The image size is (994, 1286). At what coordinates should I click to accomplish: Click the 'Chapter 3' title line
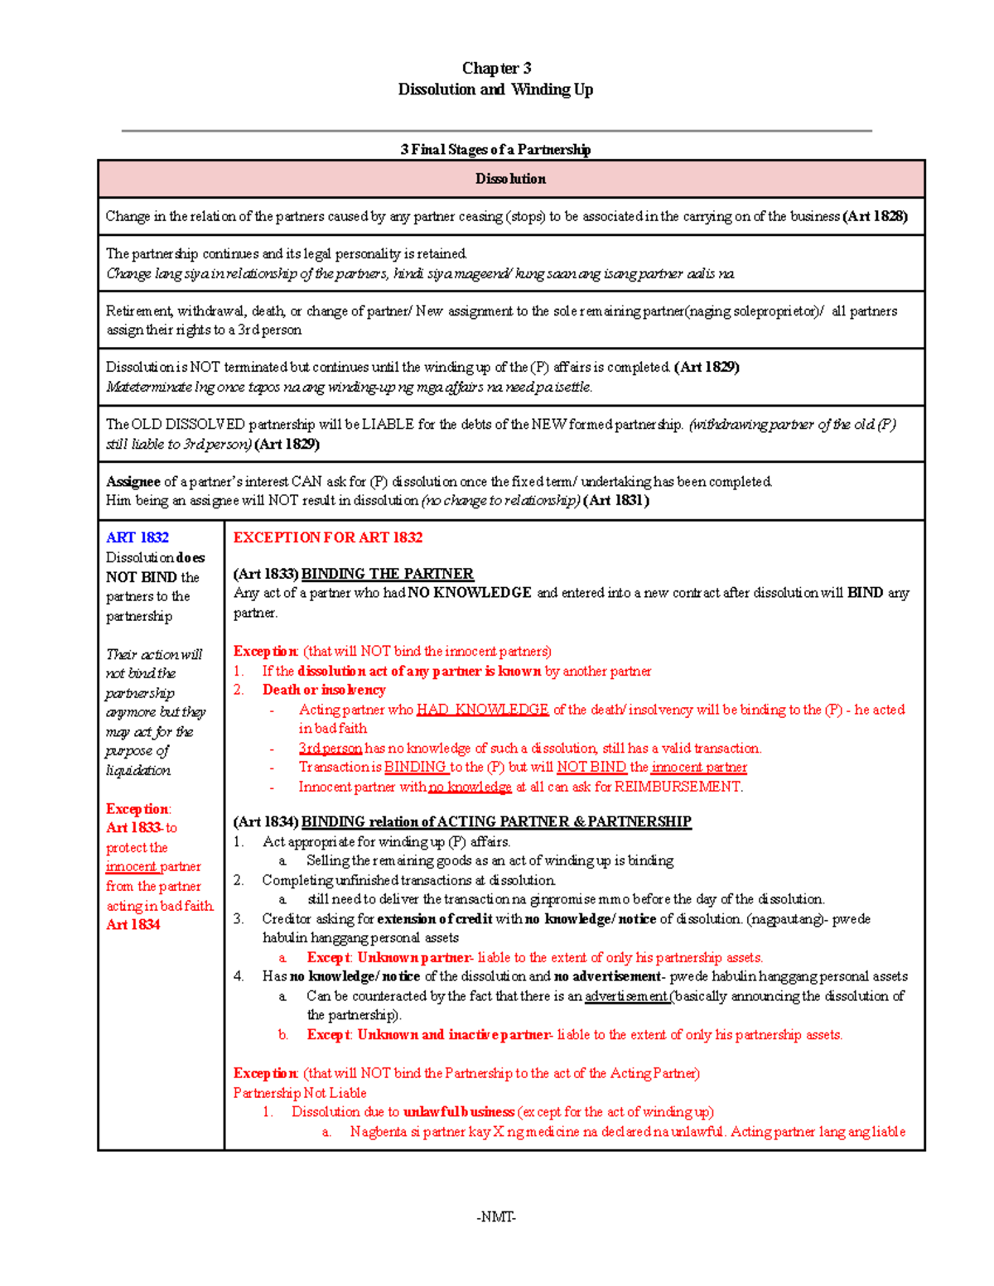pyautogui.click(x=496, y=68)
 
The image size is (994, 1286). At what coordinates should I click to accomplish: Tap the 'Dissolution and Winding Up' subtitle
pyautogui.click(x=495, y=89)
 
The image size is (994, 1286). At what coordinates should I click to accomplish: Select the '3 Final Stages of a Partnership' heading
pyautogui.click(x=495, y=149)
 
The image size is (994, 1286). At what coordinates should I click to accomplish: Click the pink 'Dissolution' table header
pyautogui.click(x=510, y=179)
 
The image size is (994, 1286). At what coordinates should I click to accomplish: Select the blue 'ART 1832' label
pyautogui.click(x=137, y=537)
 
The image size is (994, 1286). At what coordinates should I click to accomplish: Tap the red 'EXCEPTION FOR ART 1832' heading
pyautogui.click(x=327, y=537)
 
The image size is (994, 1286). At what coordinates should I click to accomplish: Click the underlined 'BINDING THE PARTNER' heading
pyautogui.click(x=387, y=574)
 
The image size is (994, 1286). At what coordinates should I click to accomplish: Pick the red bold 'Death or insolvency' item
pyautogui.click(x=324, y=690)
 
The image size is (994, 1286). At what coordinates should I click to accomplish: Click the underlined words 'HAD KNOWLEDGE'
pyautogui.click(x=482, y=710)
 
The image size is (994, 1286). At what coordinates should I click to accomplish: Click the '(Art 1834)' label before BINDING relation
pyautogui.click(x=265, y=821)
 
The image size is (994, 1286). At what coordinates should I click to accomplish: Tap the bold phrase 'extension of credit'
pyautogui.click(x=434, y=918)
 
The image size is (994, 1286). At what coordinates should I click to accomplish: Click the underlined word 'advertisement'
pyautogui.click(x=626, y=996)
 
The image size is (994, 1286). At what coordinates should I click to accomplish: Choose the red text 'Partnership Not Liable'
pyautogui.click(x=299, y=1093)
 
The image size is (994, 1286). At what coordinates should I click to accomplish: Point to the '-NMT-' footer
pyautogui.click(x=495, y=1216)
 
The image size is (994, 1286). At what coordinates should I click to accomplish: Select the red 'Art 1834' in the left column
pyautogui.click(x=133, y=924)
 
